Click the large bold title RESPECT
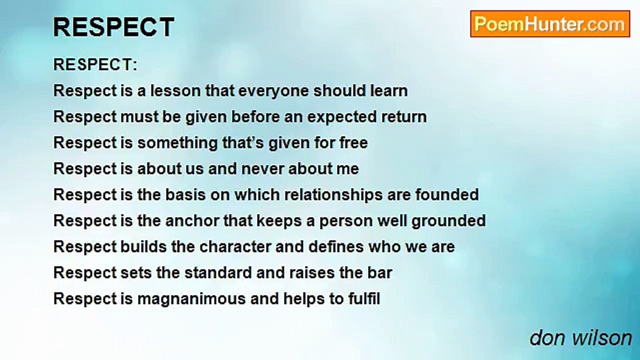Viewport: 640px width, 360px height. click(113, 27)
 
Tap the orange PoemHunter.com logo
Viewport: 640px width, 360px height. click(550, 24)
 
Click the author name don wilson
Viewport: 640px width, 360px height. click(580, 338)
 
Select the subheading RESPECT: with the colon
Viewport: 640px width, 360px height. click(95, 64)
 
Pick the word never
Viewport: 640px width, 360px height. click(262, 169)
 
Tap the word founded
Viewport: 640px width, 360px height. click(447, 194)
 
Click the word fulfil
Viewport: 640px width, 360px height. click(364, 299)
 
